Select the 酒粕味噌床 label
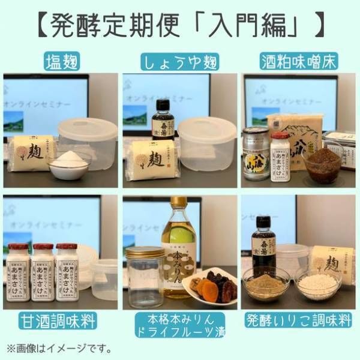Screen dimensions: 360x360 point(299,61)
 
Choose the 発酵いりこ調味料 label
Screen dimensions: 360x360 point(299,320)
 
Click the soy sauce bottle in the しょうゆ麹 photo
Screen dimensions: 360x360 point(163,120)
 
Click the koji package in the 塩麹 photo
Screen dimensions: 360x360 point(33,153)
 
